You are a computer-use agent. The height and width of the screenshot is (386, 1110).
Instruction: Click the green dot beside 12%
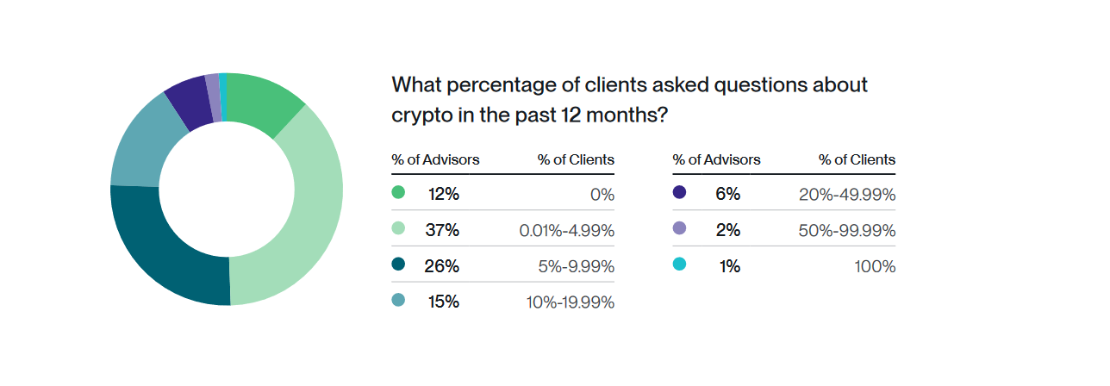point(398,193)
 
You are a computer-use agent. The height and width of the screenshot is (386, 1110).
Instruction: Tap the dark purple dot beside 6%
point(679,193)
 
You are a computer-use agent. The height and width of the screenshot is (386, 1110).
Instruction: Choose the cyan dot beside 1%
point(679,265)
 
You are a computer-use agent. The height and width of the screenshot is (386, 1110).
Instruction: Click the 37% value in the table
point(443,230)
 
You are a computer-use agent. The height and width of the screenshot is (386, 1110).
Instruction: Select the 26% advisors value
point(441,266)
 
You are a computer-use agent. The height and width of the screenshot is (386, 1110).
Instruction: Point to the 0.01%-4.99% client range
point(566,230)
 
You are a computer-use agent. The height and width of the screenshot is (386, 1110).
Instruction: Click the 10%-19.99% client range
point(571,302)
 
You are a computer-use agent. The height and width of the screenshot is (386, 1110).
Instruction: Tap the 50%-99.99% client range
point(847,230)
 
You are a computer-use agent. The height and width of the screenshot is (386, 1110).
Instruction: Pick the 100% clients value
point(876,266)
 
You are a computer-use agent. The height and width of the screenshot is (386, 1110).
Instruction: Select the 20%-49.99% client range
point(847,194)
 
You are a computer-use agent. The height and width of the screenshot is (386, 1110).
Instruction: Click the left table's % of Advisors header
point(435,159)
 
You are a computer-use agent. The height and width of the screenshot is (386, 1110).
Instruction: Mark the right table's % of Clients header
point(857,159)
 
